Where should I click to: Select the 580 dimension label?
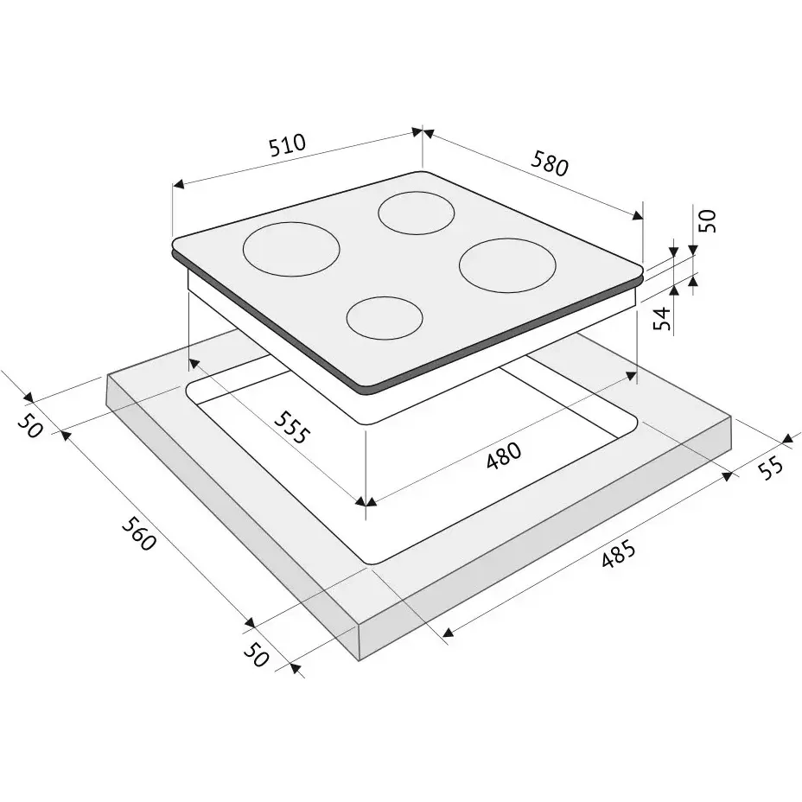[x=550, y=162]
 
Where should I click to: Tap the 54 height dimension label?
[x=662, y=318]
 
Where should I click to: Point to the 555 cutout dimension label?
[x=292, y=427]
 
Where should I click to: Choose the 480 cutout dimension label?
[x=504, y=455]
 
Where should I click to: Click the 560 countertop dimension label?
[x=138, y=534]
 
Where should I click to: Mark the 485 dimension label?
[x=618, y=554]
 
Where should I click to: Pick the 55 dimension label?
[x=770, y=467]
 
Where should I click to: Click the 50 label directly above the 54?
[x=709, y=220]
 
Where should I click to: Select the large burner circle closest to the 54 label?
[x=507, y=265]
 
